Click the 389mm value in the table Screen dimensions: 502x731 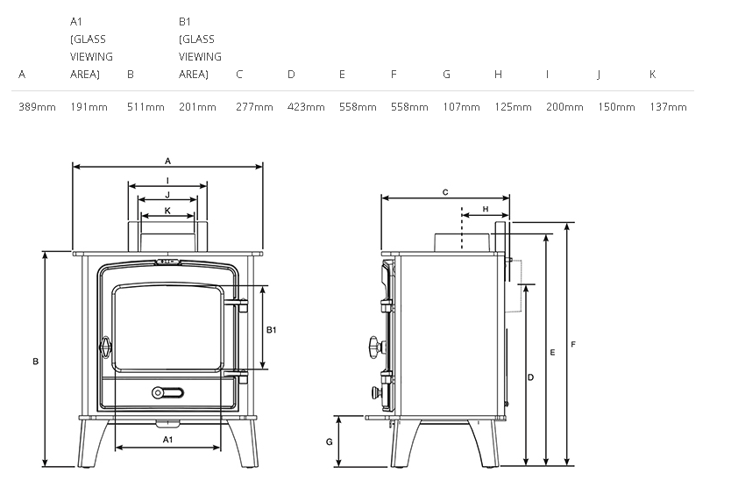(x=37, y=107)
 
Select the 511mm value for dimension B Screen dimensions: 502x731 (x=145, y=107)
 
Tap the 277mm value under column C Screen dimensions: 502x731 (x=254, y=107)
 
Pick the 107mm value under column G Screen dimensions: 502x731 (x=461, y=107)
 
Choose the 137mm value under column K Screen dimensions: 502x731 (x=668, y=107)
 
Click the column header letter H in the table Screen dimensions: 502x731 (x=498, y=75)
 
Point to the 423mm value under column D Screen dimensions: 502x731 (x=306, y=107)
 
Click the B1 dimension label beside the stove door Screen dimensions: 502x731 (x=271, y=330)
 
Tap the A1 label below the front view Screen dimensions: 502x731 (x=167, y=438)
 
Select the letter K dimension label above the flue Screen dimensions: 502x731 (x=167, y=211)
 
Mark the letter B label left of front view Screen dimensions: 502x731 (x=35, y=361)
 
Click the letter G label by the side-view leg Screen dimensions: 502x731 (x=329, y=441)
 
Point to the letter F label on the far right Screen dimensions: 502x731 (x=572, y=344)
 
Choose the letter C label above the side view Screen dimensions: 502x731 (x=445, y=191)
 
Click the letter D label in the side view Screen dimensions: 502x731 (x=530, y=376)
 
